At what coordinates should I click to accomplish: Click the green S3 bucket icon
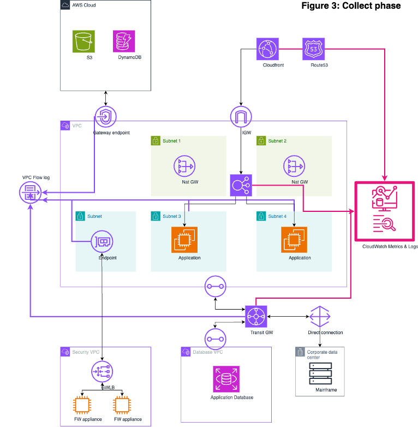[83, 41]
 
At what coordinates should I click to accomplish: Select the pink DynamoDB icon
[124, 41]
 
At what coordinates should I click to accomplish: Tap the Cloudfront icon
[268, 49]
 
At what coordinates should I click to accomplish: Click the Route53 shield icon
[313, 49]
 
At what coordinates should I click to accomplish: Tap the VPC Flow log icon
[30, 193]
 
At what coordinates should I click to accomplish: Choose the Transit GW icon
[255, 317]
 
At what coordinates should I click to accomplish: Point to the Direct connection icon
[320, 317]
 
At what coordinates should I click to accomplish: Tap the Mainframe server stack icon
[321, 375]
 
